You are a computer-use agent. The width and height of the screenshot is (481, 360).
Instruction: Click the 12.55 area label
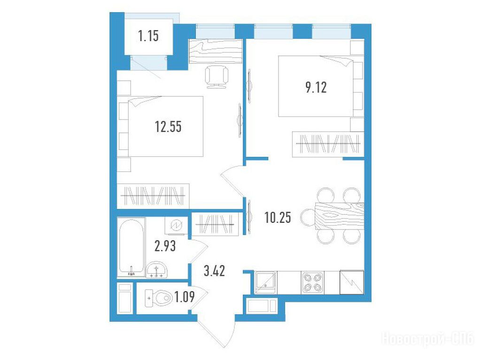click(x=168, y=126)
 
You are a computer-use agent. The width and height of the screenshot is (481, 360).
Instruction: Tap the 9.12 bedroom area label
click(x=316, y=87)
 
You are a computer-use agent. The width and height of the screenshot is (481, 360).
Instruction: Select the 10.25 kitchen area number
click(x=278, y=217)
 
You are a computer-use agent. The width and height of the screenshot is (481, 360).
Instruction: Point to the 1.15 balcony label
click(x=148, y=36)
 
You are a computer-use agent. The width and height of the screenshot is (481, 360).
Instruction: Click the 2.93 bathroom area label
click(x=165, y=245)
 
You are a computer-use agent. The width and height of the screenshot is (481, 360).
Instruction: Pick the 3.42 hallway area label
click(x=214, y=271)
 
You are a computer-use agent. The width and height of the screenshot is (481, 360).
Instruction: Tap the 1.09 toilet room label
click(x=184, y=297)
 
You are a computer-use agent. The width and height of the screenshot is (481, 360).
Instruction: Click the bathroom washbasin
click(x=156, y=270)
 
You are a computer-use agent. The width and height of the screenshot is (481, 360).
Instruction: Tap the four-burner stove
click(x=312, y=283)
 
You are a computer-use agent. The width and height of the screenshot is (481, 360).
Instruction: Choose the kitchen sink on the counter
click(x=265, y=283)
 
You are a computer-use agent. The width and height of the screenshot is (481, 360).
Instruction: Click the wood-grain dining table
click(x=340, y=216)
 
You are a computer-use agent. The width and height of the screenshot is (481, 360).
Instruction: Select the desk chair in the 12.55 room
click(x=217, y=77)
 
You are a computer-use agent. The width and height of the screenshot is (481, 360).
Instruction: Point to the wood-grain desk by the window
click(x=216, y=52)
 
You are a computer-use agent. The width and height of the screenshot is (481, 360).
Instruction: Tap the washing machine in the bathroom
click(x=176, y=226)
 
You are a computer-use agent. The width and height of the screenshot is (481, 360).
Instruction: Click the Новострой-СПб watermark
click(x=427, y=339)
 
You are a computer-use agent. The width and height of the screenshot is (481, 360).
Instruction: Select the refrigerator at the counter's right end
click(x=352, y=283)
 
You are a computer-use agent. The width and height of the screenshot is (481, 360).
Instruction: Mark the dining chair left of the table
click(x=308, y=216)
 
